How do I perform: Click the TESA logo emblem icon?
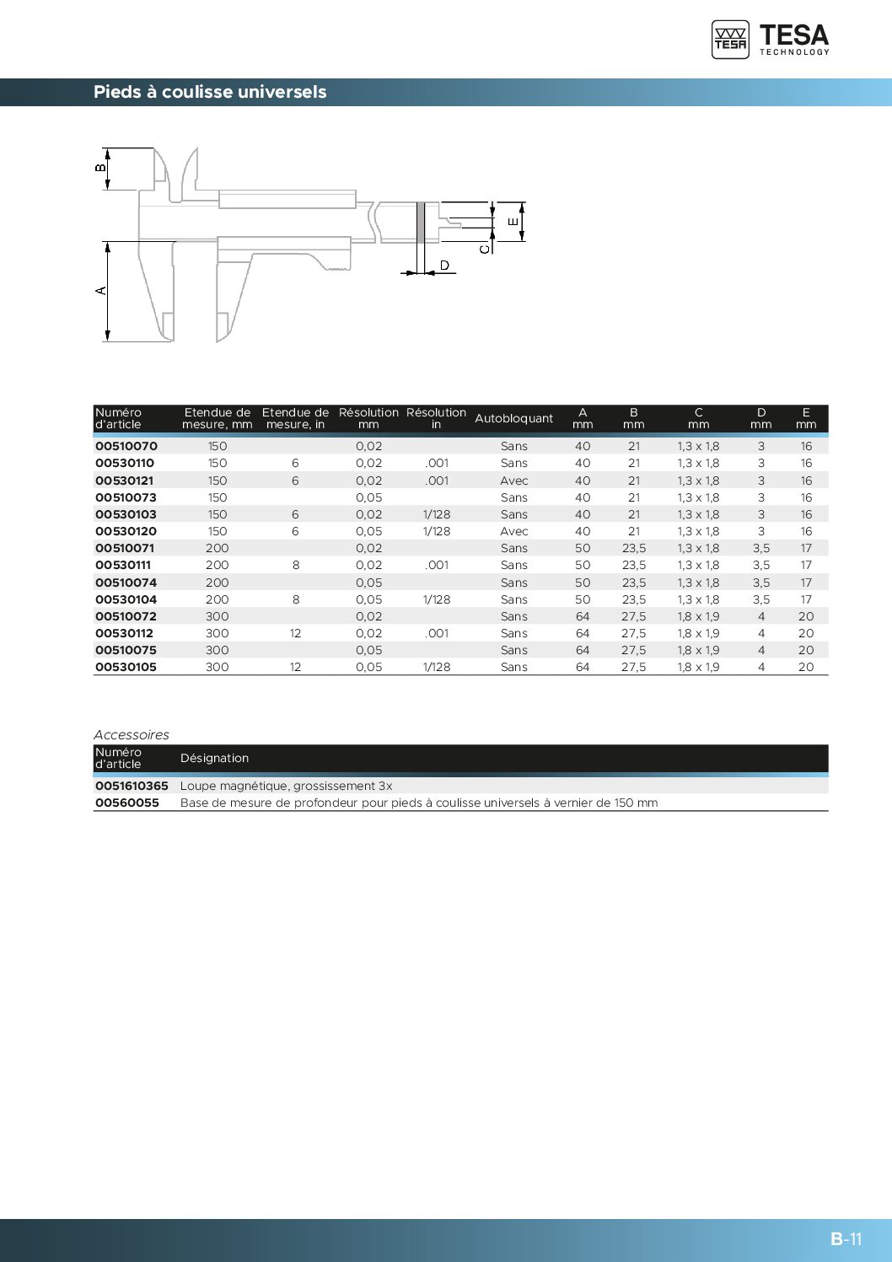coord(730,40)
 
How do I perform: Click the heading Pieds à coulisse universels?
coord(210,92)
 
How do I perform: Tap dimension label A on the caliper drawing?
coord(101,291)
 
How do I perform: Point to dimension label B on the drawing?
coord(100,168)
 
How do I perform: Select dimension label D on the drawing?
coord(444,266)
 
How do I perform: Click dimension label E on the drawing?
coord(513,222)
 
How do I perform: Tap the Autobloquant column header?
coord(513,418)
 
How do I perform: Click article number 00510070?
coord(126,446)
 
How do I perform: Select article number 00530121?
coord(125,481)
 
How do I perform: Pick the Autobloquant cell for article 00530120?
coord(513,531)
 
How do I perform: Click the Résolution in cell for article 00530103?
coord(437,514)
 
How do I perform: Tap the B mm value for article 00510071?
coord(633,548)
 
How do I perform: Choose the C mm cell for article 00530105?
coord(698,667)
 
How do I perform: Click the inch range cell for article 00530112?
coord(295,633)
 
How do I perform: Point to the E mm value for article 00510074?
coord(806,583)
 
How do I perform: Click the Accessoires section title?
coord(132,734)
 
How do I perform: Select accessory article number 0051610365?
coord(132,786)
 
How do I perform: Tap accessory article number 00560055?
coord(127,803)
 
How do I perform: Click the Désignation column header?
coord(214,758)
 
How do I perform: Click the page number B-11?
coord(846,1238)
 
